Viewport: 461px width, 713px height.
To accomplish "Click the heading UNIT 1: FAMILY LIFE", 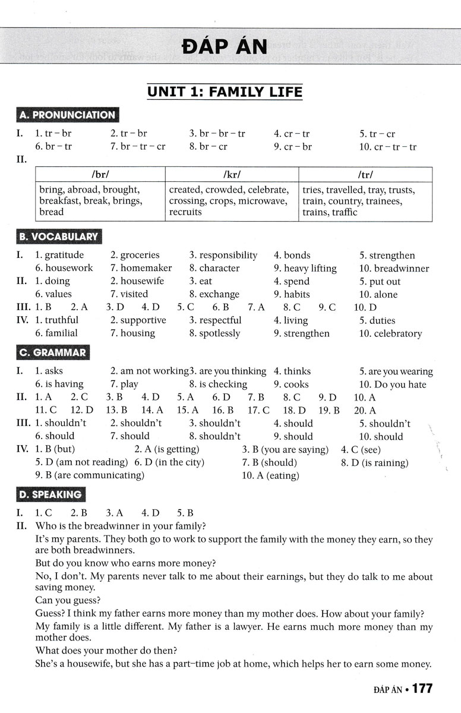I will pyautogui.click(x=225, y=92).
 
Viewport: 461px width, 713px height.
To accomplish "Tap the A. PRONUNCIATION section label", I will pyautogui.click(x=67, y=115).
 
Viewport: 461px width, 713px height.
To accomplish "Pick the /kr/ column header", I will pyautogui.click(x=232, y=175).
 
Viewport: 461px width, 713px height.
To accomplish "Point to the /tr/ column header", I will pyautogui.click(x=365, y=175).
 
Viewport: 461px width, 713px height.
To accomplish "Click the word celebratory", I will pyautogui.click(x=398, y=333).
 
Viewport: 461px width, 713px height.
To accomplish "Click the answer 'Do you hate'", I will pyautogui.click(x=400, y=384).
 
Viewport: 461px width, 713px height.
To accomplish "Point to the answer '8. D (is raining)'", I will pyautogui.click(x=374, y=462).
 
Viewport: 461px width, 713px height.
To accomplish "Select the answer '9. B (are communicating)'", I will pyautogui.click(x=90, y=475).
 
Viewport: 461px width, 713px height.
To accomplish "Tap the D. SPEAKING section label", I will pyautogui.click(x=50, y=494).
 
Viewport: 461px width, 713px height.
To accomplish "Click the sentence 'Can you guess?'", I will pyautogui.click(x=68, y=600).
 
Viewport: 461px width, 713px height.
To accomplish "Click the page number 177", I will pyautogui.click(x=422, y=689).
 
